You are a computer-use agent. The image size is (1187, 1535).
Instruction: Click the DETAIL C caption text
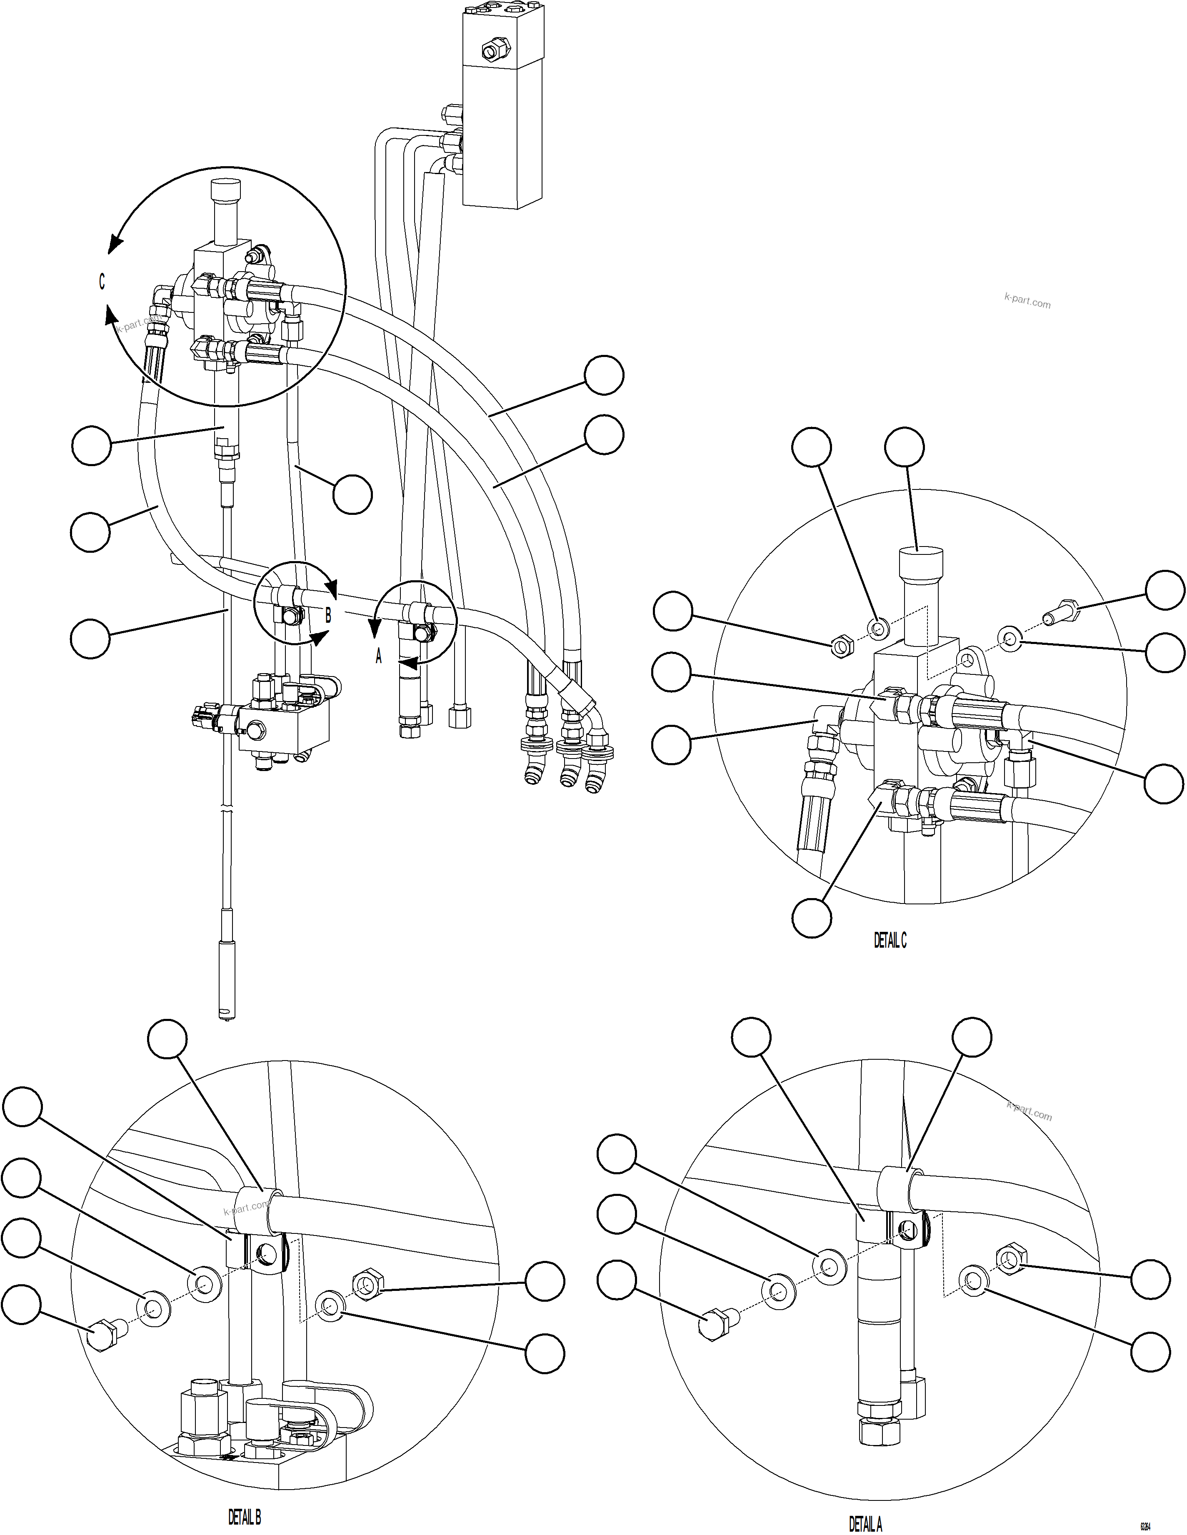tap(890, 941)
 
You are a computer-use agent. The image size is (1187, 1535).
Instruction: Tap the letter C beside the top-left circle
tap(102, 282)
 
